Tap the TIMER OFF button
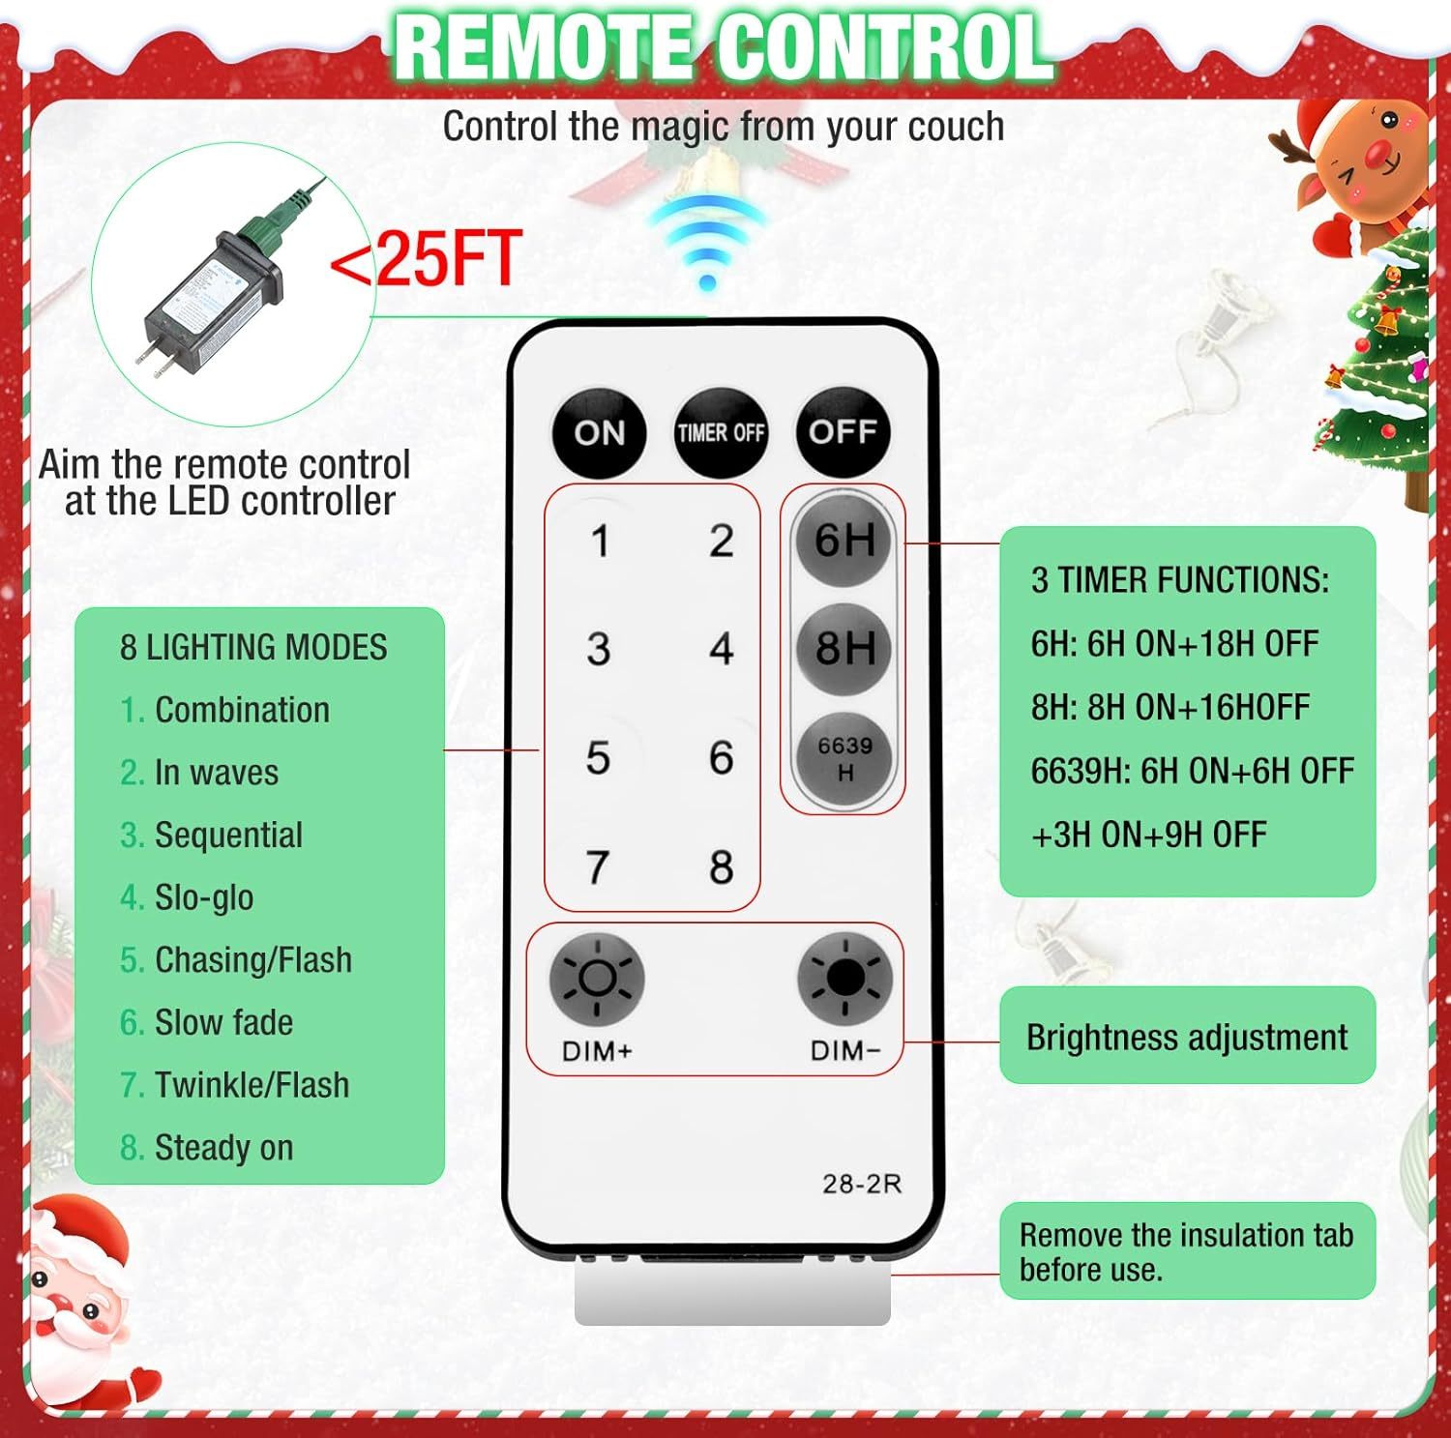click(721, 432)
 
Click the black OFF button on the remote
click(843, 432)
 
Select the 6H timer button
click(844, 540)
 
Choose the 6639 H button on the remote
click(844, 758)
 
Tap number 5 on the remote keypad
click(598, 757)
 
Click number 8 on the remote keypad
click(721, 866)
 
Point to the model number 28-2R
click(862, 1184)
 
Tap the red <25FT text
click(426, 259)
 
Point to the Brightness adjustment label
click(1187, 1037)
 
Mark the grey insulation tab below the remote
click(732, 1292)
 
